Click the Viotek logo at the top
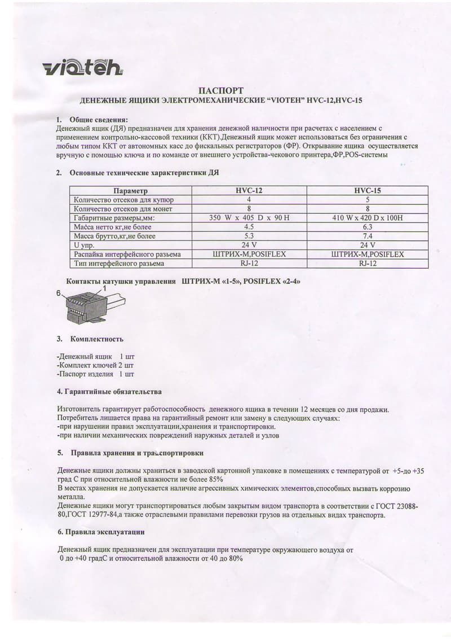coord(82,68)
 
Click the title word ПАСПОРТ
coord(222,90)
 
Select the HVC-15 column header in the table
coord(367,191)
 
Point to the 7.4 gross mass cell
coord(367,236)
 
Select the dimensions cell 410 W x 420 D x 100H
coord(367,218)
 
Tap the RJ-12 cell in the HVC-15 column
coord(367,263)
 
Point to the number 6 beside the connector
coord(58,294)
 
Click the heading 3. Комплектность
coord(90,339)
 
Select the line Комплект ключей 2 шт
coord(96,365)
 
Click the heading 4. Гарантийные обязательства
coord(109,391)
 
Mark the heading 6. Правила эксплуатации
coord(101,532)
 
